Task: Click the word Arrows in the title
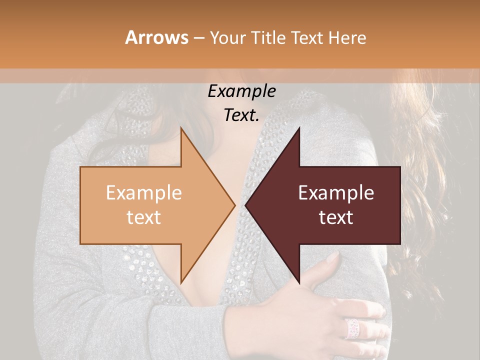pyautogui.click(x=156, y=37)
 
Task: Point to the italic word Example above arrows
pyautogui.click(x=241, y=91)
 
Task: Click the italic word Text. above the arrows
pyautogui.click(x=241, y=115)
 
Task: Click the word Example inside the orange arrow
pyautogui.click(x=143, y=193)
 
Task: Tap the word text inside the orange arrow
pyautogui.click(x=143, y=217)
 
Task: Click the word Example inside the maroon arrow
pyautogui.click(x=336, y=193)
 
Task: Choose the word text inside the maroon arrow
pyautogui.click(x=336, y=217)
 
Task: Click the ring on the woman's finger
pyautogui.click(x=353, y=328)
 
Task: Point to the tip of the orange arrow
pyautogui.click(x=234, y=205)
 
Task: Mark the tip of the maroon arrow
pyautogui.click(x=246, y=205)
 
